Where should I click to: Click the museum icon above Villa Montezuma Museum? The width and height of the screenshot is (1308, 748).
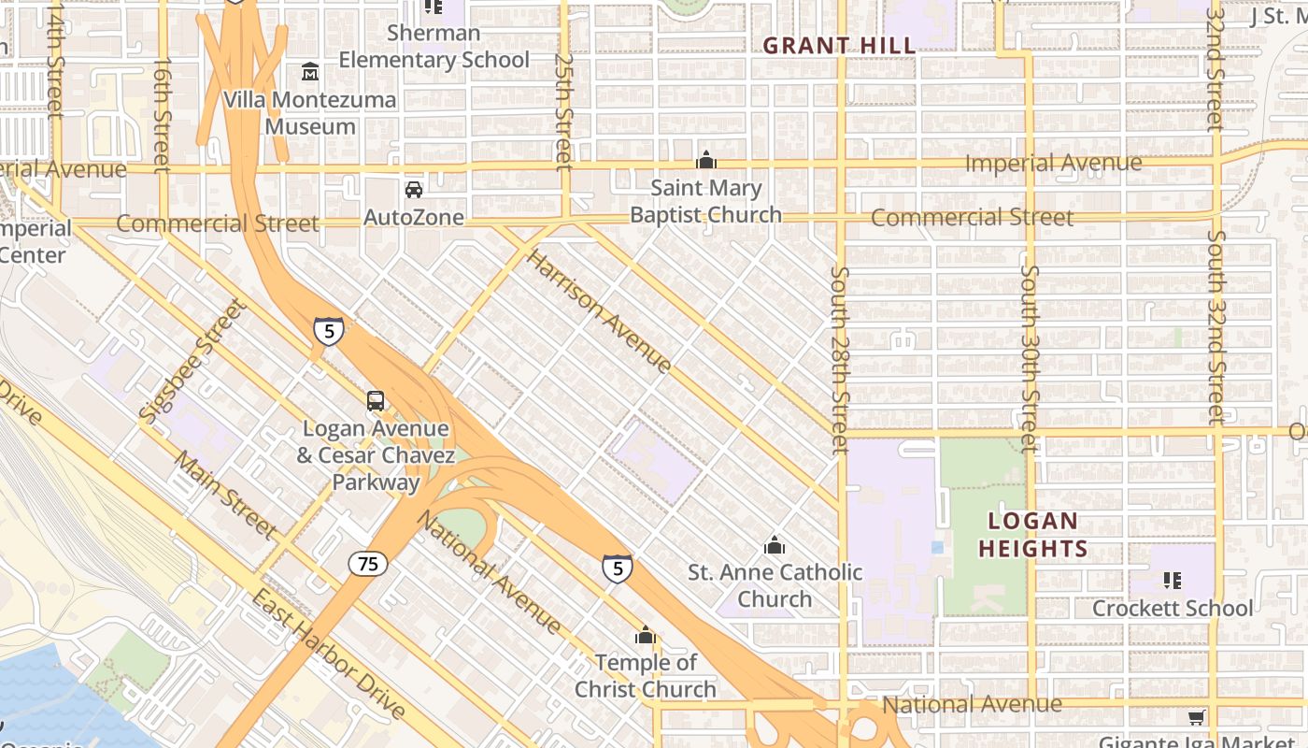point(309,72)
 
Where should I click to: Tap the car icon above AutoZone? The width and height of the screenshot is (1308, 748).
point(413,190)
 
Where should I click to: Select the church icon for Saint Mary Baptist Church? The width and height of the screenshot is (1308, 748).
point(706,160)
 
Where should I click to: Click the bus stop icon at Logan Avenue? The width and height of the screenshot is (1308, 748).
point(375,401)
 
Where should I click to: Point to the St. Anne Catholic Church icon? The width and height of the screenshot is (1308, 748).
point(774,545)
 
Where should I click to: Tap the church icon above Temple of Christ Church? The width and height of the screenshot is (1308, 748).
point(645,637)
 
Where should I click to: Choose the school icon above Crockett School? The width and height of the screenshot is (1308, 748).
point(1173,581)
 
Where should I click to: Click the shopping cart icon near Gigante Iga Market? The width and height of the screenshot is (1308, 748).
point(1196,718)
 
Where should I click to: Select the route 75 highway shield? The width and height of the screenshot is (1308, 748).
point(368,564)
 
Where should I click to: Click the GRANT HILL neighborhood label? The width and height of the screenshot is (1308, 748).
point(839,45)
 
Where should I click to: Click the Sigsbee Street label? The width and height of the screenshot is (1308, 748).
point(190,359)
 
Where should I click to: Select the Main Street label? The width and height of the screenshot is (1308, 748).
point(226,495)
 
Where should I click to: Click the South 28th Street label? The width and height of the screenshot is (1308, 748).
point(840,361)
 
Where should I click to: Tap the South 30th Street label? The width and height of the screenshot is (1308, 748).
point(1030,359)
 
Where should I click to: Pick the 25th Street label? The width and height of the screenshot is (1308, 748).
point(563,112)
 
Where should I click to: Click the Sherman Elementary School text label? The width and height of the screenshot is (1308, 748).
point(434,47)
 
